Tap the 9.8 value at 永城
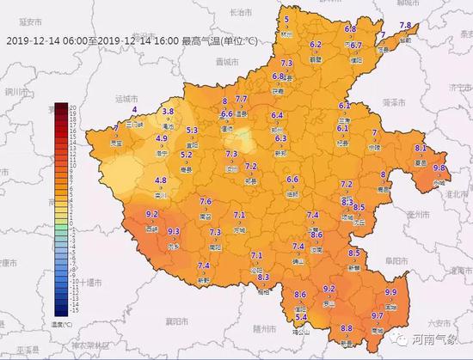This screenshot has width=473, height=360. (x=439, y=168)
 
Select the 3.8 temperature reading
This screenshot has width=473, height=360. (x=168, y=112)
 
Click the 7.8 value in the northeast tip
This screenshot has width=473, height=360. (x=406, y=25)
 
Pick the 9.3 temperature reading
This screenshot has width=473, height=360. (x=173, y=231)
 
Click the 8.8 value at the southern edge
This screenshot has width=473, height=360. (x=347, y=328)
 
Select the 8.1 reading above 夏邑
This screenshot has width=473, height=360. (x=421, y=148)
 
